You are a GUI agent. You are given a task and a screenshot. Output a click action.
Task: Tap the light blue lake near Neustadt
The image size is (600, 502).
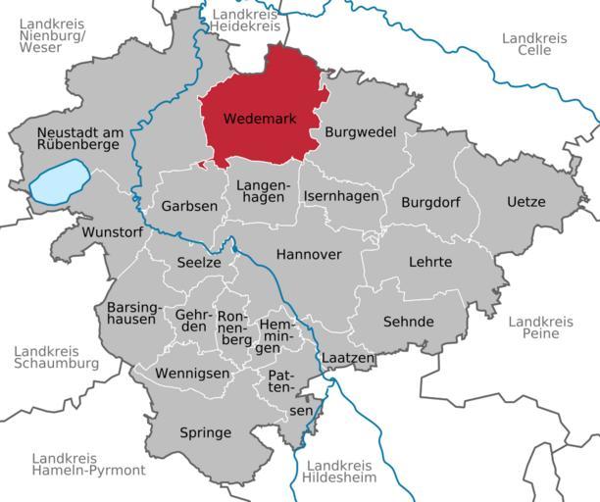coord(60,184)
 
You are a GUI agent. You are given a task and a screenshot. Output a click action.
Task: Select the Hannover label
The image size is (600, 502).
coord(309,254)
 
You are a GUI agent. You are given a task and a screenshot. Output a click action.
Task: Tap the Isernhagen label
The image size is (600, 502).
coord(340,196)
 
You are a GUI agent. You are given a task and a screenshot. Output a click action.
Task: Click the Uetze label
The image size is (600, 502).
coord(525,202)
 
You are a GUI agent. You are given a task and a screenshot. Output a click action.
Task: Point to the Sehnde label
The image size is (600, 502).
coord(409,322)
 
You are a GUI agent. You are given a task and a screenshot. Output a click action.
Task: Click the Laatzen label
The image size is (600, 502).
coord(347,359)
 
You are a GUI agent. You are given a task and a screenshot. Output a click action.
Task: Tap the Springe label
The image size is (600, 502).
coord(205,432)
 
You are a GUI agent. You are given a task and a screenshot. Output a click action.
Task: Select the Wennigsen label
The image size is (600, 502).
coord(192,374)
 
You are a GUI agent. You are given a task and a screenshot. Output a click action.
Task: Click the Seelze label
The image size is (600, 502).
coord(199,262)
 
